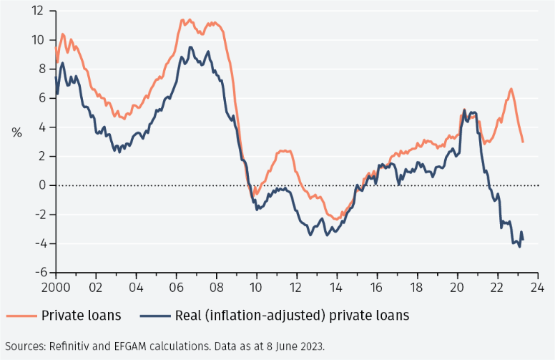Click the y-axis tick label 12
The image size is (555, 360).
38,11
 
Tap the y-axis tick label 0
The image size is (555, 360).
41,185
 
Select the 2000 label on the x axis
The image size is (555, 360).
56,288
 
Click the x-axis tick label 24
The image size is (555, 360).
537,288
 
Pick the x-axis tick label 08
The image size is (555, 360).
216,288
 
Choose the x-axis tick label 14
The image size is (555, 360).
336,288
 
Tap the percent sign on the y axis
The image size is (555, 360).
16,132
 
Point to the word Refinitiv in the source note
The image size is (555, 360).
74,346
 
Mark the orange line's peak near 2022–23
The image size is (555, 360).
511,89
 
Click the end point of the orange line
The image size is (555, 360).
523,142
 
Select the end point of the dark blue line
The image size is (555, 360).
523,240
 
